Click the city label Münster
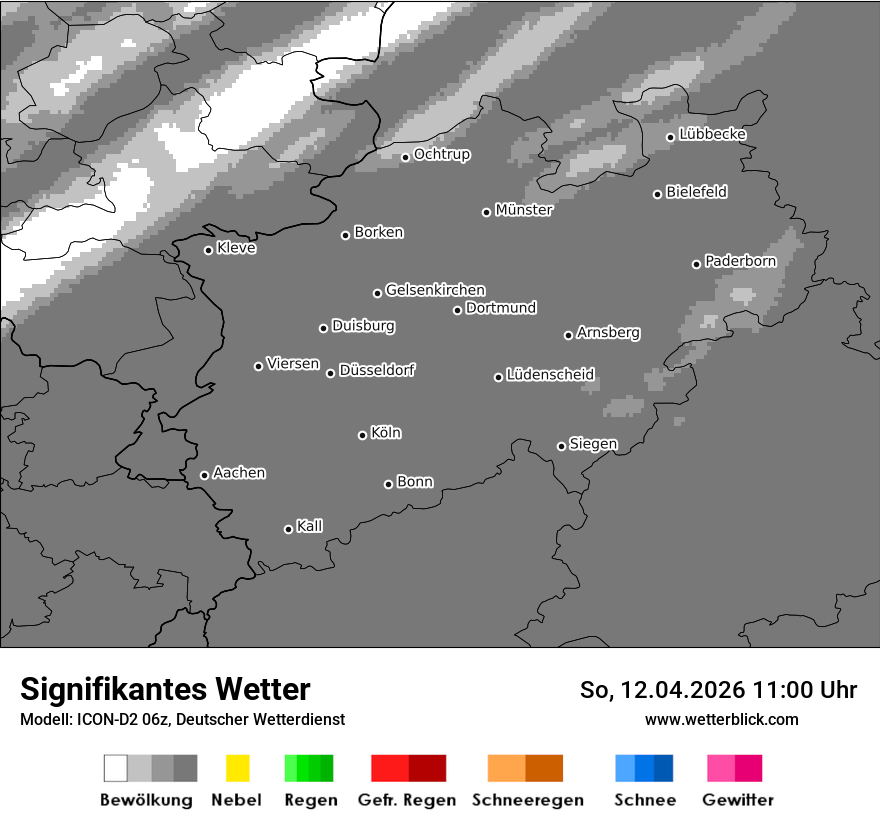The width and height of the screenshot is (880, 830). (x=524, y=210)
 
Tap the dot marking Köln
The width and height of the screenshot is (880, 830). (x=362, y=435)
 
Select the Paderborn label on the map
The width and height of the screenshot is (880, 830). (x=740, y=261)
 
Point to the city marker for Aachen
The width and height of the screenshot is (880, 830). (x=204, y=475)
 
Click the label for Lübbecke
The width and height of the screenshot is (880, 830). (x=712, y=134)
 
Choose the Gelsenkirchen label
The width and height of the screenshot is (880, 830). (x=435, y=290)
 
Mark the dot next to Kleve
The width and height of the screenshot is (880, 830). (x=208, y=250)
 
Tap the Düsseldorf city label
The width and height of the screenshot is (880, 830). (x=377, y=370)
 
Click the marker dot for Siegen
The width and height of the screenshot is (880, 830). (x=561, y=446)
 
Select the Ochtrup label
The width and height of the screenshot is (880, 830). (x=442, y=154)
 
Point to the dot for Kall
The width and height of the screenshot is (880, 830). (x=288, y=529)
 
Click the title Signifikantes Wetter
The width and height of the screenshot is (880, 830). (x=165, y=690)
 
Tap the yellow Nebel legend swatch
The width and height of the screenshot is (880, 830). (x=237, y=768)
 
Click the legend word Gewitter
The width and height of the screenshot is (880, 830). (x=738, y=800)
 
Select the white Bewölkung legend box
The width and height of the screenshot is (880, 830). (x=116, y=768)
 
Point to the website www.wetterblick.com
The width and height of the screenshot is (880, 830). (x=721, y=719)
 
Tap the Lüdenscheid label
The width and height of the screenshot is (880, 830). (x=550, y=375)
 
